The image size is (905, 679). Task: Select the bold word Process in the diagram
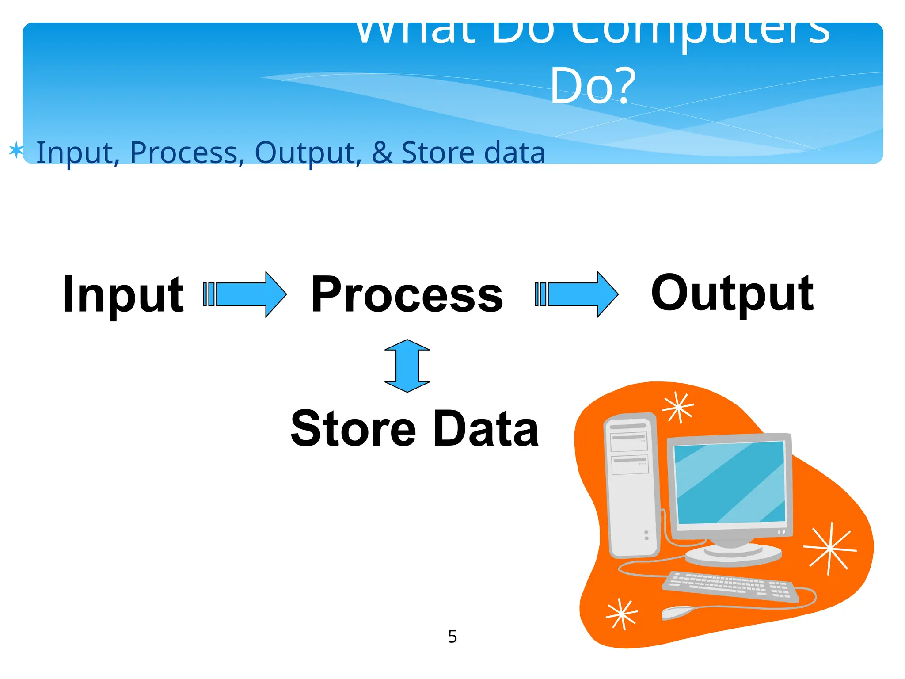pos(407,294)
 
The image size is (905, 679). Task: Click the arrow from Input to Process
pos(246,294)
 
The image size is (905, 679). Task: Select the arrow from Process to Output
pos(577,294)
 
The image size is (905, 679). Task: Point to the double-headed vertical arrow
pos(407,366)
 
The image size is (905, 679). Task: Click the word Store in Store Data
pos(353,429)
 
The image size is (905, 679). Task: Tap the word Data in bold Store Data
pos(486,429)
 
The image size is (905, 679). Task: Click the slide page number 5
pos(452,637)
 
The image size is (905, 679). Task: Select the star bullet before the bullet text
pos(16,150)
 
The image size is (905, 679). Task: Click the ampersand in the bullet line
pos(382,153)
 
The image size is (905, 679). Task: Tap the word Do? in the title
pos(592,86)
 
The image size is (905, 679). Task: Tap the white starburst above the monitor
pos(678,407)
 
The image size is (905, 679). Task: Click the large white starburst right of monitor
pos(830,549)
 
